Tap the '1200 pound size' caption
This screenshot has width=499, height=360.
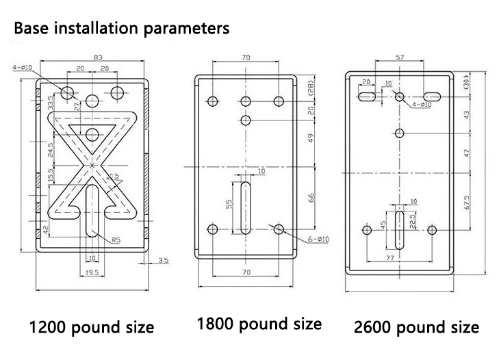click(90, 326)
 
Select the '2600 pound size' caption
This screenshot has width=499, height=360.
click(416, 326)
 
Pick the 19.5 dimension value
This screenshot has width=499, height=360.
click(91, 272)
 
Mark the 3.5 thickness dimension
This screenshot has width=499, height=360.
click(163, 260)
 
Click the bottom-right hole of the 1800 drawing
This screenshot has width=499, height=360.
click(279, 229)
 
